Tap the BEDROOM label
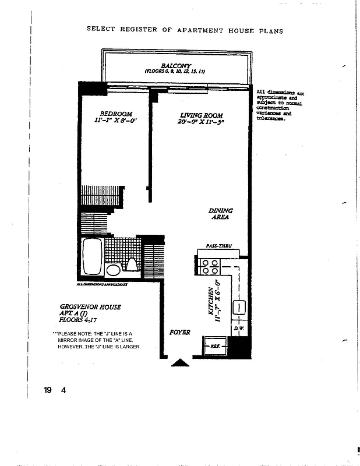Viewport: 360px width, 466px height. (116, 114)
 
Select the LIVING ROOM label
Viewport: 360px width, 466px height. (201, 115)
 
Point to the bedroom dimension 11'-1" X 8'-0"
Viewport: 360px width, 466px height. (115, 121)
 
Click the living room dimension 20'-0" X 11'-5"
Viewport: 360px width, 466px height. (201, 122)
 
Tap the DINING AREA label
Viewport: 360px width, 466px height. (220, 214)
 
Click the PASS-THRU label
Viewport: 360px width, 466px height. (219, 246)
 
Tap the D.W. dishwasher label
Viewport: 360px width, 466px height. (238, 329)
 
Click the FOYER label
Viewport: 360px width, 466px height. (180, 332)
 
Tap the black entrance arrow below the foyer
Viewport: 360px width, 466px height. (180, 363)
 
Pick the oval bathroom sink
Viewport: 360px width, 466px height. (113, 270)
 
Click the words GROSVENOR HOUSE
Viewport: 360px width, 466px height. (90, 306)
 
